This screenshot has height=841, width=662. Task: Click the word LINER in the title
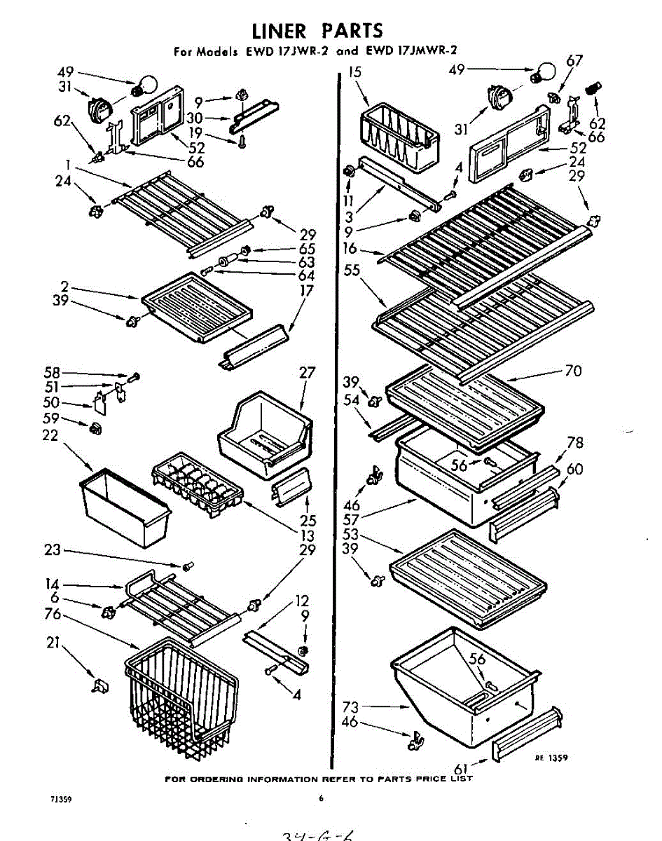(x=278, y=31)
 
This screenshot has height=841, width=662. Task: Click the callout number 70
(x=572, y=371)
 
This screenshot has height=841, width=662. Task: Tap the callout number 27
(x=308, y=372)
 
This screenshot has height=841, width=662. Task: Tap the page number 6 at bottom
(x=321, y=797)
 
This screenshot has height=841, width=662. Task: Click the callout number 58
(x=52, y=374)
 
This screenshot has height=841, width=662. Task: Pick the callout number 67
(x=574, y=61)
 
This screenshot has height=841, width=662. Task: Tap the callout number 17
(x=305, y=289)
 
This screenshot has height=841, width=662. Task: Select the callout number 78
(x=575, y=443)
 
